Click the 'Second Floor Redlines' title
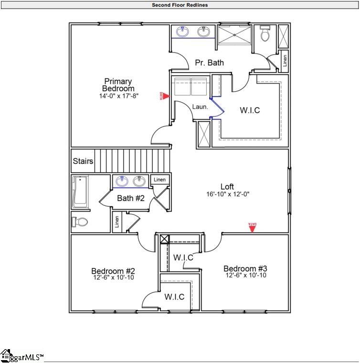click(180, 5)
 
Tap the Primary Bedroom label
click(118, 85)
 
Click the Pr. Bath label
click(209, 63)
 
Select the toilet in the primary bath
click(265, 34)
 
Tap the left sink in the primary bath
click(182, 32)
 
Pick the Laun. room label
click(200, 107)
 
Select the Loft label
click(227, 187)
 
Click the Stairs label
click(83, 161)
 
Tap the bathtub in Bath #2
click(80, 192)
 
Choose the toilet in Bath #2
click(80, 222)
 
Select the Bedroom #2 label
click(113, 270)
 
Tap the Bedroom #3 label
click(245, 268)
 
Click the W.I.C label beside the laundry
click(250, 110)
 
